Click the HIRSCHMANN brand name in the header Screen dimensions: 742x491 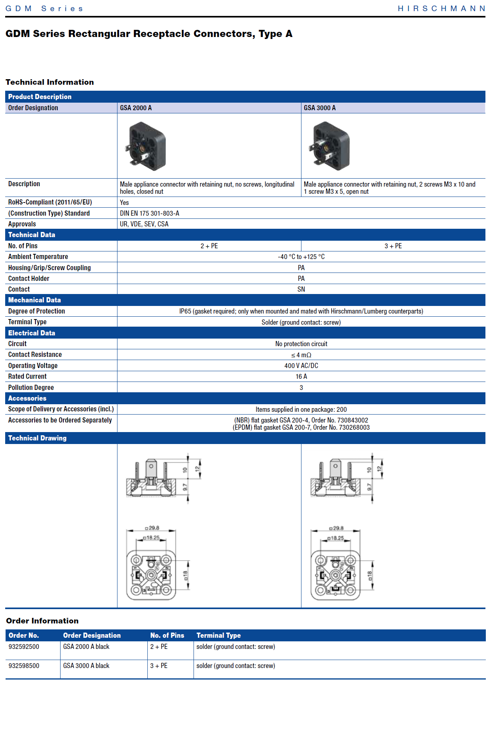pyautogui.click(x=441, y=8)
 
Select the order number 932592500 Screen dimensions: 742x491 pyautogui.click(x=24, y=647)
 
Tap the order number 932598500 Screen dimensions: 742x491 pyautogui.click(x=24, y=666)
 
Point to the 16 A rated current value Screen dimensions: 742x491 pyautogui.click(x=301, y=376)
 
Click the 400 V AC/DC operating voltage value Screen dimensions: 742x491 pyautogui.click(x=301, y=366)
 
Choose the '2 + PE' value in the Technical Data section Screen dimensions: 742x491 pyautogui.click(x=209, y=246)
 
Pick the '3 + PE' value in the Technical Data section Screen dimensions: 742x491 pyautogui.click(x=393, y=246)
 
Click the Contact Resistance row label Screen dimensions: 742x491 pyautogui.click(x=35, y=354)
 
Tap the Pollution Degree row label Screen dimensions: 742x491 pyautogui.click(x=31, y=388)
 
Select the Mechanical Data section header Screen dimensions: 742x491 pyautogui.click(x=35, y=300)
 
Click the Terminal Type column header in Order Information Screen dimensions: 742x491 pyautogui.click(x=219, y=635)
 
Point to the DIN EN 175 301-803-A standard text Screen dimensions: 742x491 pyautogui.click(x=150, y=213)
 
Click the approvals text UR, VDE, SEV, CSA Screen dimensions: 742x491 pyautogui.click(x=144, y=224)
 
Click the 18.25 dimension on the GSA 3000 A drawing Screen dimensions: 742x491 pyautogui.click(x=337, y=538)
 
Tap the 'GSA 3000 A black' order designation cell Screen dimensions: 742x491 pyautogui.click(x=86, y=666)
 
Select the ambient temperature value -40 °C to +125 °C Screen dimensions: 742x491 pyautogui.click(x=301, y=257)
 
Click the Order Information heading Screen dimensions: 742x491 pyautogui.click(x=42, y=621)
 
